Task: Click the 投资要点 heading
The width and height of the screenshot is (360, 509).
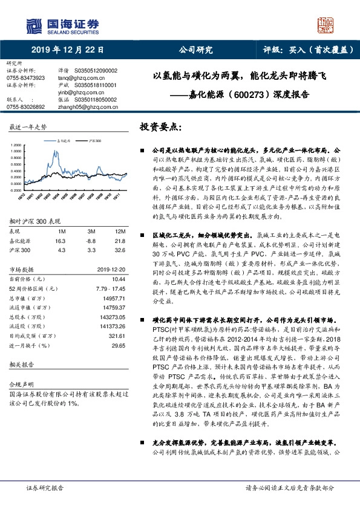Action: (160, 127)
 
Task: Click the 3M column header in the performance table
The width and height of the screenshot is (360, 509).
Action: (91, 232)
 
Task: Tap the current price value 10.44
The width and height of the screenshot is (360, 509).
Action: (119, 278)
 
